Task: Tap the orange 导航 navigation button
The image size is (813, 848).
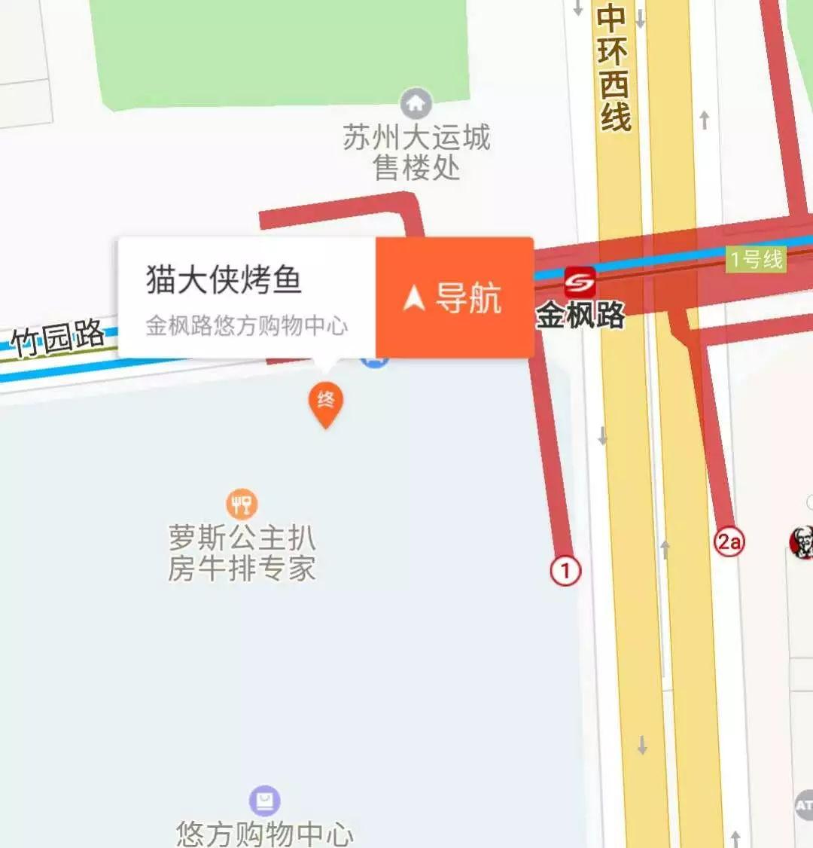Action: click(455, 297)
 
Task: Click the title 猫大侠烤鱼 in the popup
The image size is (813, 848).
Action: click(224, 279)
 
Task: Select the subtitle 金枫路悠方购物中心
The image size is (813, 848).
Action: click(246, 325)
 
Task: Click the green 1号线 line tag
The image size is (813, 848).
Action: click(756, 260)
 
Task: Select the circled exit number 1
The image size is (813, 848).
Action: click(565, 570)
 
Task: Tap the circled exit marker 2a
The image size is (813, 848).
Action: click(729, 541)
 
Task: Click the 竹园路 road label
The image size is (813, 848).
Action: click(58, 337)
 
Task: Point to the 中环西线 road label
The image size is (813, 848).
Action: click(614, 68)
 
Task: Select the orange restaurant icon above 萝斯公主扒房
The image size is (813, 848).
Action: click(242, 504)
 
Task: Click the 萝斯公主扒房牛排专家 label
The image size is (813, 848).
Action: click(242, 553)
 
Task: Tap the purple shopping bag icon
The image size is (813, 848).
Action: click(264, 801)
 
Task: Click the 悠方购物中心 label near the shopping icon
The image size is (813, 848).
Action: click(264, 833)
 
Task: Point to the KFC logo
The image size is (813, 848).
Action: click(802, 541)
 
